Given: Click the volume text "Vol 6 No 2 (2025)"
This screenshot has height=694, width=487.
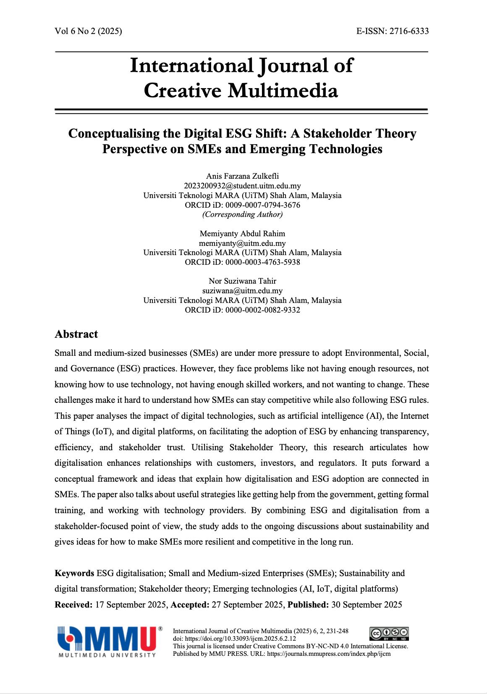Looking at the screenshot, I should (x=88, y=31).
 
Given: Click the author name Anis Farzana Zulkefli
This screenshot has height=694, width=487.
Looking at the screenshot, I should (x=242, y=176).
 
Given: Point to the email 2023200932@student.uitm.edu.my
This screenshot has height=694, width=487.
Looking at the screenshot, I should (x=242, y=186).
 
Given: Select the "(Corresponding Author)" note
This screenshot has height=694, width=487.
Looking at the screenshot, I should (x=242, y=214).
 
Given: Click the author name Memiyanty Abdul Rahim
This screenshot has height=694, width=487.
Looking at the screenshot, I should (x=242, y=234).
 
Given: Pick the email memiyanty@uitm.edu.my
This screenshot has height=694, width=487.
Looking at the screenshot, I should (x=242, y=243).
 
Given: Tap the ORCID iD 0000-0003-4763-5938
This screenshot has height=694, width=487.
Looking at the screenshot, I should (x=262, y=262).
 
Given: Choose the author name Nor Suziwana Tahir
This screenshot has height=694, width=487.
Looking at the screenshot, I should (x=242, y=281).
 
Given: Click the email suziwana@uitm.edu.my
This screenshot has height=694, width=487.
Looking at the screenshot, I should (x=242, y=291).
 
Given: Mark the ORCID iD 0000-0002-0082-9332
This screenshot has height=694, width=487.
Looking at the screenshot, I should (x=262, y=310).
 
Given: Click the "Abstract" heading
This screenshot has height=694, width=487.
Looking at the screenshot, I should (x=76, y=334).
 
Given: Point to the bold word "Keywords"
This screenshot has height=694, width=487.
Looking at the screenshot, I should (x=74, y=573).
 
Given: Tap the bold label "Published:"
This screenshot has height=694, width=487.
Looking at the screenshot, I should (x=308, y=605).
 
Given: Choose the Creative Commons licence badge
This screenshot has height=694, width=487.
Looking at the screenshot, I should (x=389, y=634).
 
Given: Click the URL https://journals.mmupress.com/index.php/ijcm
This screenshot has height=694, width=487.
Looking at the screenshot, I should (x=329, y=654).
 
